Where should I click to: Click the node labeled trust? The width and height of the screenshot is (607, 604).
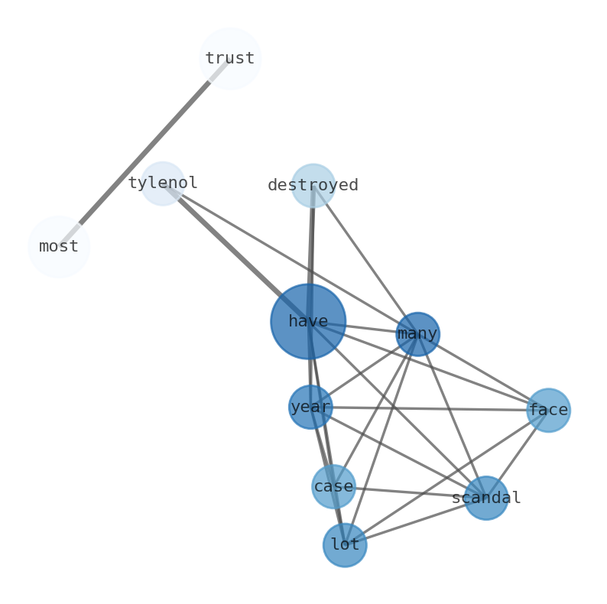229,58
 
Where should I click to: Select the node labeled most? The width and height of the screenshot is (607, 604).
59,246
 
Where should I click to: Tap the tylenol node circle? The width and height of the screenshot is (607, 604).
163,183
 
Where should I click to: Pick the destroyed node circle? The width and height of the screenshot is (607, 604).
313,186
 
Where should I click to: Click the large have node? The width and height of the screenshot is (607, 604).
308,322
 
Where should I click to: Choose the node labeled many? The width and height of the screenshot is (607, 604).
417,334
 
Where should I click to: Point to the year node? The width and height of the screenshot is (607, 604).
310,407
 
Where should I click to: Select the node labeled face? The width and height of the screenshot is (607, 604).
548,410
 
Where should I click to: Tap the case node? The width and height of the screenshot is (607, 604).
333,486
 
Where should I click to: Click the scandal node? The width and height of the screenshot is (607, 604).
485,498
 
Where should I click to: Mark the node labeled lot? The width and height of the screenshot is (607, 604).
345,545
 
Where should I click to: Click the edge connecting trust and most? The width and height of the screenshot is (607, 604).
144,152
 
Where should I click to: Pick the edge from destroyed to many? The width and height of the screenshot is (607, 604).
365,260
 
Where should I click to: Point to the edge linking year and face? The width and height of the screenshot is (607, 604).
428,408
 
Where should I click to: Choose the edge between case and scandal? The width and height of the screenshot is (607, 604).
409,492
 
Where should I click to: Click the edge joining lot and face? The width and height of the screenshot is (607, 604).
446,478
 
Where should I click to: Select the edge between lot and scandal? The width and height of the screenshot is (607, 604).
415,521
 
